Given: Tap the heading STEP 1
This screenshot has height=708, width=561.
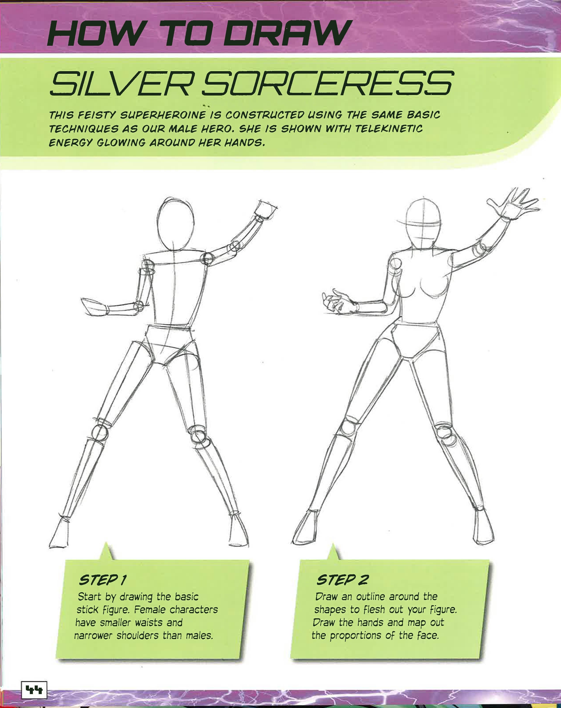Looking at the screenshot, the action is (x=103, y=580).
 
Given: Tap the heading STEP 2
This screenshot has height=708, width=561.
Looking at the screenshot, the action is (x=342, y=580).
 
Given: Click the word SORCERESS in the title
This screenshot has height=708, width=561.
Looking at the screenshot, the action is (x=327, y=83).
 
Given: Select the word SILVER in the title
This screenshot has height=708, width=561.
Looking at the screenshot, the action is (x=120, y=83).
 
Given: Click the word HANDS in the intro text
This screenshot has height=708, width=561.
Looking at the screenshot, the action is (x=244, y=143).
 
